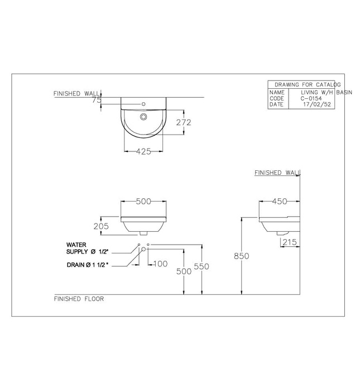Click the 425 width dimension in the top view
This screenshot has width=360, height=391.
click(x=142, y=150)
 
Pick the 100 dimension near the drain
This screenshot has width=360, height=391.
click(x=160, y=263)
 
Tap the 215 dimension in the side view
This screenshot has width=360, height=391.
click(x=289, y=242)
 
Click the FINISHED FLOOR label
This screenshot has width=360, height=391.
click(x=79, y=299)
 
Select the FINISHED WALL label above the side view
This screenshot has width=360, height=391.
click(x=276, y=173)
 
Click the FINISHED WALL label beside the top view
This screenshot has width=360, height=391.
click(x=76, y=94)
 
